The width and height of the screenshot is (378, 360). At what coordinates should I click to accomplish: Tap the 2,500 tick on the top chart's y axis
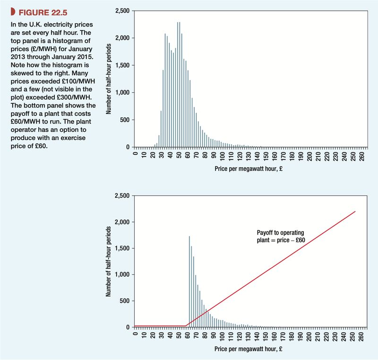(122, 10)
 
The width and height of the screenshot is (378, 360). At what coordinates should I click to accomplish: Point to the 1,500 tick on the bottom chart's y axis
(122, 248)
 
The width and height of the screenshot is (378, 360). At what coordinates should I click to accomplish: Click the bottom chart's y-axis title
(109, 262)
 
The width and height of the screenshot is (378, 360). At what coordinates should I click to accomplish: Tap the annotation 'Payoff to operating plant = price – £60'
(280, 236)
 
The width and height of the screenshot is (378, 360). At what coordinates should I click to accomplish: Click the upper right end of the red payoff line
(355, 211)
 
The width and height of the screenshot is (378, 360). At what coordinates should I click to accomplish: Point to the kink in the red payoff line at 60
(186, 325)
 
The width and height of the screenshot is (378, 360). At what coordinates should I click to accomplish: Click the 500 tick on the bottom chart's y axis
(124, 301)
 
